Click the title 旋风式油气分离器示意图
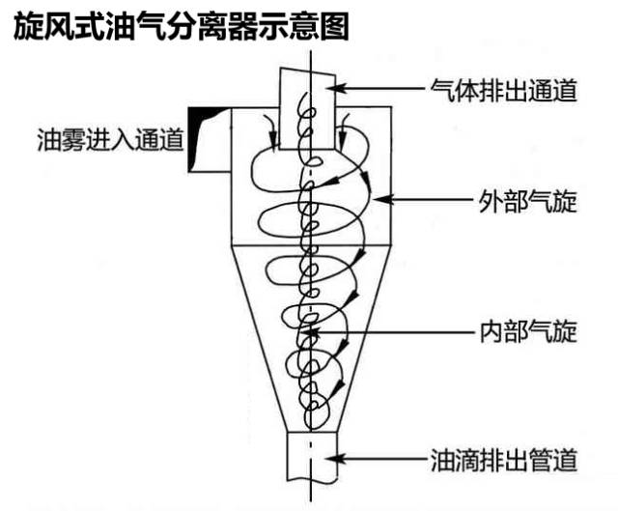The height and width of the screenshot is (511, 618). coord(181,26)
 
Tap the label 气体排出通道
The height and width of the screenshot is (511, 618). coord(503,92)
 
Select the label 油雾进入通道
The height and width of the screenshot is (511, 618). coord(108,140)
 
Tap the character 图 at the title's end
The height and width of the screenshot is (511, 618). coord(332,26)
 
